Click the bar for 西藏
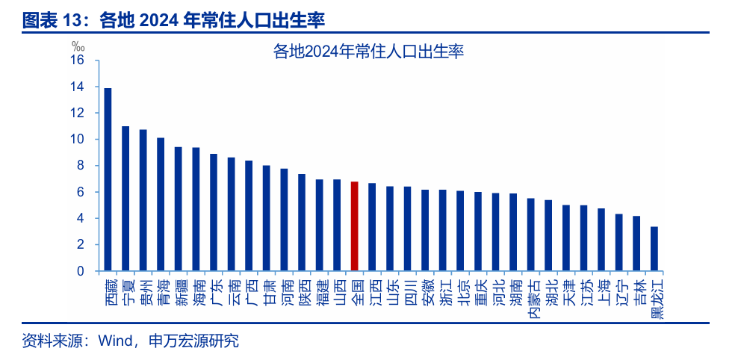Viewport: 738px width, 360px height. click(108, 179)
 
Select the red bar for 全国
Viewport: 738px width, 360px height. click(354, 226)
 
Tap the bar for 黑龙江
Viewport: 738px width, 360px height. click(654, 249)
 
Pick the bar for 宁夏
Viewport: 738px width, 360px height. click(125, 199)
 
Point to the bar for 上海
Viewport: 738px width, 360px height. click(601, 240)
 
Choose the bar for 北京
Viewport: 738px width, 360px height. click(460, 231)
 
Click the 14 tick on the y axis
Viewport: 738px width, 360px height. click(78, 87)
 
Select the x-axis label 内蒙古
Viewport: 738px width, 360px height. click(531, 299)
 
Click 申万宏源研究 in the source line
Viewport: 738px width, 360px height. click(195, 341)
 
